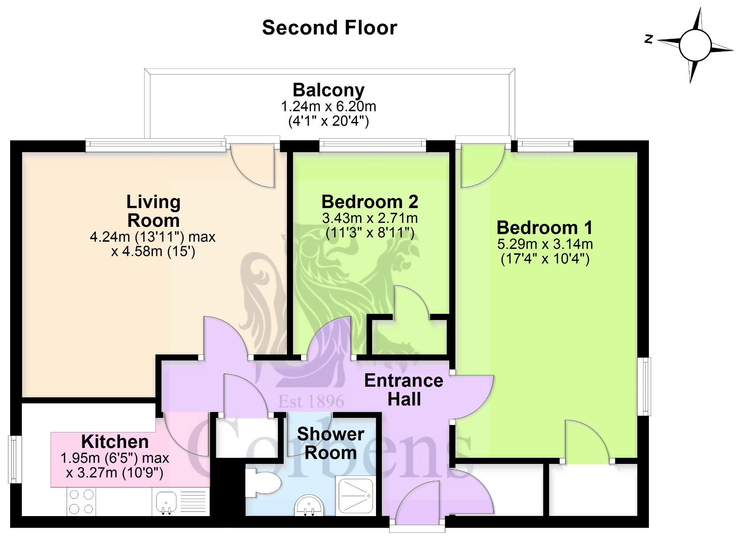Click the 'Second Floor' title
click(330, 28)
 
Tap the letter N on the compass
click(649, 39)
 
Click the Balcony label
click(329, 90)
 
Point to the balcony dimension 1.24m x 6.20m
click(329, 107)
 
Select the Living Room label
click(153, 211)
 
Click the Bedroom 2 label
click(370, 202)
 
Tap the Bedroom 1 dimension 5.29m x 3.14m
click(545, 244)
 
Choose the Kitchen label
click(115, 441)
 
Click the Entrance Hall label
click(404, 390)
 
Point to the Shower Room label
click(330, 443)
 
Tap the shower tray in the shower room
click(356, 495)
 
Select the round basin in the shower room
click(309, 505)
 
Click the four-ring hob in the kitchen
click(81, 502)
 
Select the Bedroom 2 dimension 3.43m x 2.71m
click(370, 219)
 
